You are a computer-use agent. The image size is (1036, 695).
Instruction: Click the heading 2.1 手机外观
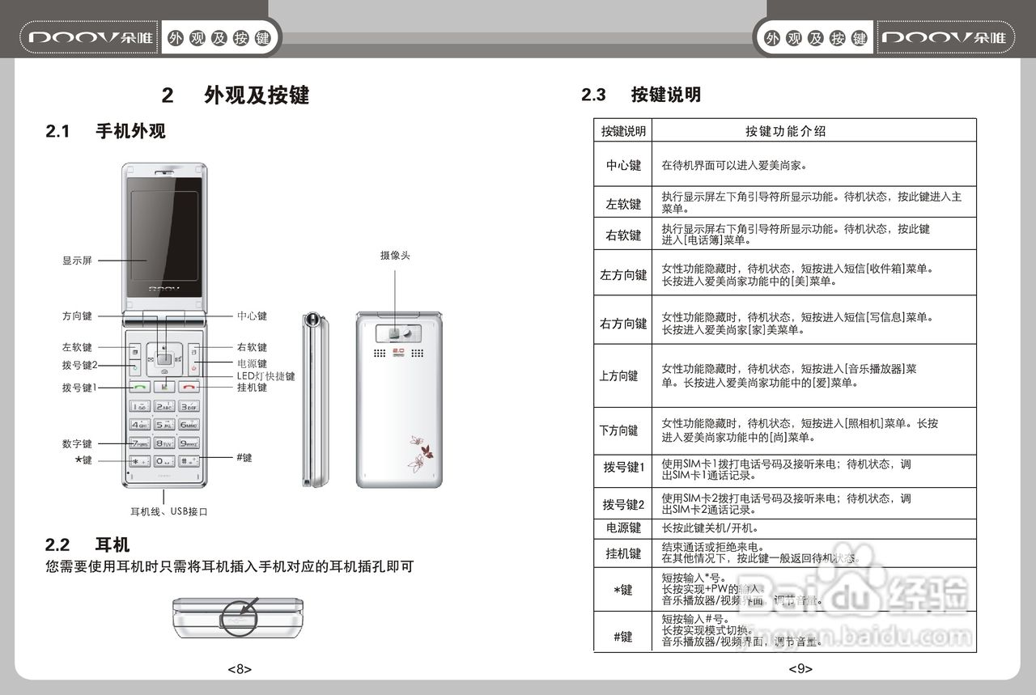point(106,131)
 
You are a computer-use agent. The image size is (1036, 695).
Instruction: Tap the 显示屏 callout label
point(77,261)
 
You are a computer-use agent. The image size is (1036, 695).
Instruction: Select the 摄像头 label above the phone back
point(395,256)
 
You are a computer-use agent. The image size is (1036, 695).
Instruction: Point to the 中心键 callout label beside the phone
point(252,316)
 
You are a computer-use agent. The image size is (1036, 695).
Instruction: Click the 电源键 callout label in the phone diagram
point(252,364)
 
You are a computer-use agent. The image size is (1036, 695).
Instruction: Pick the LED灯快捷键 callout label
point(265,376)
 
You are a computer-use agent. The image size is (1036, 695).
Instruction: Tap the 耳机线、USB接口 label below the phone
point(169,511)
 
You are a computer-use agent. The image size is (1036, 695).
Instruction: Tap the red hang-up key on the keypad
point(188,387)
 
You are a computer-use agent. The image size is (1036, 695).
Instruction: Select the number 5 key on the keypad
point(164,424)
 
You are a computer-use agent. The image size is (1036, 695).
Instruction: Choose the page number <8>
point(239,669)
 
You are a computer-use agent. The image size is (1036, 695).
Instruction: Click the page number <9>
point(800,669)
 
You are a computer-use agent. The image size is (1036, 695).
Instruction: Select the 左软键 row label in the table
point(623,204)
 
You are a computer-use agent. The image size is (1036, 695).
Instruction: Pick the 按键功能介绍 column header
point(785,131)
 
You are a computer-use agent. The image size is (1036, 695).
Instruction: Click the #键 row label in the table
point(623,637)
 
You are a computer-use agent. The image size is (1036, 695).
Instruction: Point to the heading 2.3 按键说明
point(641,95)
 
